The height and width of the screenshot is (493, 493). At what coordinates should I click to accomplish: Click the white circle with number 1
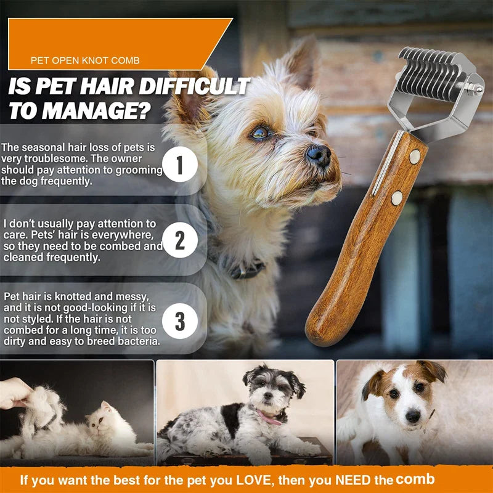[x=180, y=165]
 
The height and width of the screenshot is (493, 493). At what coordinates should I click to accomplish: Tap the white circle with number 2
[x=180, y=240]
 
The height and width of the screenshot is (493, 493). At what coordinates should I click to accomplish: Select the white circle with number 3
[x=180, y=321]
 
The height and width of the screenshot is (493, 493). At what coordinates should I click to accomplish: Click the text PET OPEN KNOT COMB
[x=85, y=60]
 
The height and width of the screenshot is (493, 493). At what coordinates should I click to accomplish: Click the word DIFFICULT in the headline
[x=194, y=86]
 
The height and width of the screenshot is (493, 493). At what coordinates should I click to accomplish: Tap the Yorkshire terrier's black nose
[x=319, y=155]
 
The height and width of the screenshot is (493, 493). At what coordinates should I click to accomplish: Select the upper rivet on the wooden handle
[x=415, y=157]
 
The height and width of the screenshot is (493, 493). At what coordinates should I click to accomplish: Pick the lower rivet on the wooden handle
[x=397, y=198]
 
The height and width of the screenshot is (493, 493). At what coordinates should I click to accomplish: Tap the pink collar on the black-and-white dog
[x=269, y=417]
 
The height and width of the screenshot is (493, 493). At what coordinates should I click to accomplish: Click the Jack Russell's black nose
[x=413, y=417]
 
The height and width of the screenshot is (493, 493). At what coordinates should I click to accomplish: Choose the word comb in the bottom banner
[x=415, y=479]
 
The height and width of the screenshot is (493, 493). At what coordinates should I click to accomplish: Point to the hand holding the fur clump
[x=15, y=393]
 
